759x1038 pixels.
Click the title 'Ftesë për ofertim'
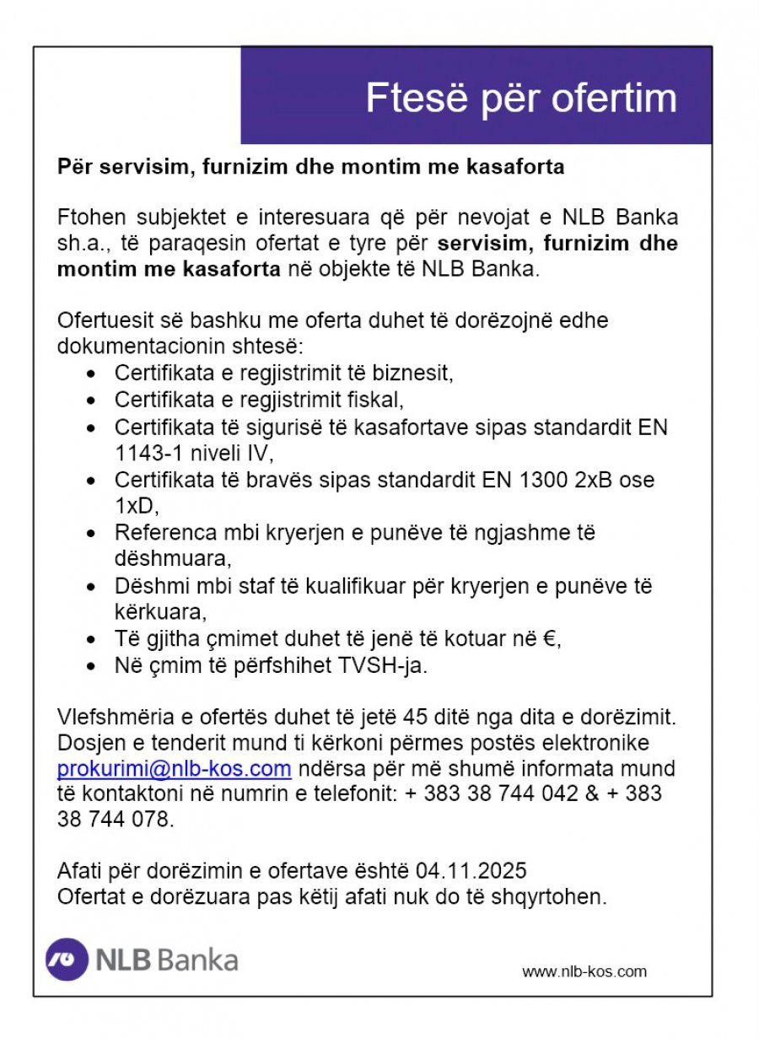coord(520,98)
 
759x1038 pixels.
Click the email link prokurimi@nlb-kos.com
coord(174,769)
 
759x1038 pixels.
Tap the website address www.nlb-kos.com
coord(584,971)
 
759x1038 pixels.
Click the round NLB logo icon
coord(67,960)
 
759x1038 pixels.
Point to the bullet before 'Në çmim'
coord(93,666)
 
